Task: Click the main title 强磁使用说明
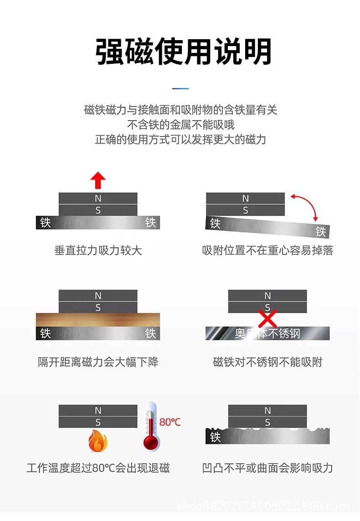pyautogui.click(x=184, y=52)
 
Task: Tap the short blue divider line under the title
pyautogui.click(x=180, y=88)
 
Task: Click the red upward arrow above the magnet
pyautogui.click(x=98, y=181)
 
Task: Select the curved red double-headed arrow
pyautogui.click(x=306, y=205)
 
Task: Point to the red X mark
pyautogui.click(x=267, y=318)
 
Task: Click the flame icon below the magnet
pyautogui.click(x=98, y=440)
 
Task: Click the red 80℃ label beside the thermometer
pyautogui.click(x=170, y=422)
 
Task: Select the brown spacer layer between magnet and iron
pyautogui.click(x=98, y=320)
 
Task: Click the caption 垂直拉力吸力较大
pyautogui.click(x=98, y=250)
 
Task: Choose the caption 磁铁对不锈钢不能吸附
pyautogui.click(x=267, y=362)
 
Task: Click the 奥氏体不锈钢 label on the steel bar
pyautogui.click(x=267, y=334)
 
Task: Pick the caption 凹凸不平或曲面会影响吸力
pyautogui.click(x=267, y=468)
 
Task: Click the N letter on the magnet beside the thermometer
pyautogui.click(x=98, y=411)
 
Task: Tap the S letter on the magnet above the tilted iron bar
pyautogui.click(x=246, y=211)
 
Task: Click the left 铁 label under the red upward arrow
pyautogui.click(x=46, y=222)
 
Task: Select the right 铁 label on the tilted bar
pyautogui.click(x=321, y=232)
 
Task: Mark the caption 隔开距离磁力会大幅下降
pyautogui.click(x=98, y=362)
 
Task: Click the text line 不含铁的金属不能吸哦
pyautogui.click(x=180, y=124)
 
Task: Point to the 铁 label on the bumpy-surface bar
pyautogui.click(x=216, y=438)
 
